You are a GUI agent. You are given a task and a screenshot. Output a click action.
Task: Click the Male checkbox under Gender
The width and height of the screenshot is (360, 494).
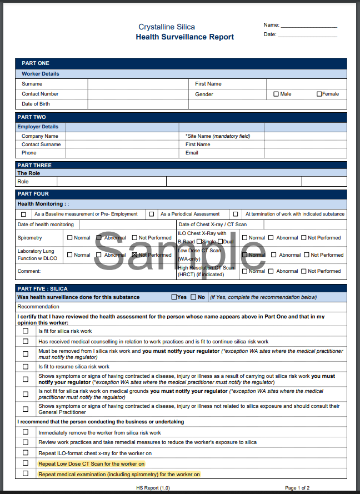pyautogui.click(x=276, y=94)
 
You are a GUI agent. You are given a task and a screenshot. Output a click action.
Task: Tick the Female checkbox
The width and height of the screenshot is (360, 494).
pyautogui.click(x=319, y=94)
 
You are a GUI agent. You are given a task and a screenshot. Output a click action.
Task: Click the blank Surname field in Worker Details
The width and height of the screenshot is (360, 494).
pyautogui.click(x=138, y=84)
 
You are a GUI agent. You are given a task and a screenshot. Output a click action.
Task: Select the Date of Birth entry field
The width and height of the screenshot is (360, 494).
pyautogui.click(x=138, y=104)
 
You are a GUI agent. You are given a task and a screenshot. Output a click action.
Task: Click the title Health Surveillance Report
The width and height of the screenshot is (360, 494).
pyautogui.click(x=184, y=37)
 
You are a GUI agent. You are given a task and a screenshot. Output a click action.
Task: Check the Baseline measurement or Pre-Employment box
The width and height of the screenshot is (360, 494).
pyautogui.click(x=23, y=214)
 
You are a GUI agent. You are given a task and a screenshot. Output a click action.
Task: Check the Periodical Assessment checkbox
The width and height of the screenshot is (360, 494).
pyautogui.click(x=151, y=214)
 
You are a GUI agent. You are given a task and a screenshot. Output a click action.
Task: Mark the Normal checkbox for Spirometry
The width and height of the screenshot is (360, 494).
pyautogui.click(x=70, y=238)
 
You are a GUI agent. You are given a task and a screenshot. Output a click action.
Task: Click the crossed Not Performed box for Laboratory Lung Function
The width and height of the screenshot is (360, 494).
pyautogui.click(x=134, y=255)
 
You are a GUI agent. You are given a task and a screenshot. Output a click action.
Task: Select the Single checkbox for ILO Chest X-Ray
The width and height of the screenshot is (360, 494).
pyautogui.click(x=199, y=242)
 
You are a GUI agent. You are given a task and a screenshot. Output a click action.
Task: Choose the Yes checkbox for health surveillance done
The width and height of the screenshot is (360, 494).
pyautogui.click(x=174, y=297)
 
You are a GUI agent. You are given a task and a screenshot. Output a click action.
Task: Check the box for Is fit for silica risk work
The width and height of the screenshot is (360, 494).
pyautogui.click(x=25, y=331)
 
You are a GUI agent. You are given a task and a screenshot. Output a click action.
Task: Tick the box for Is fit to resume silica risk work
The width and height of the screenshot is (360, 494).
pyautogui.click(x=25, y=367)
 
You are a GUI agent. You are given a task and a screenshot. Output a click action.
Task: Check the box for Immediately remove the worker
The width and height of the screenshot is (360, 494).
pyautogui.click(x=25, y=432)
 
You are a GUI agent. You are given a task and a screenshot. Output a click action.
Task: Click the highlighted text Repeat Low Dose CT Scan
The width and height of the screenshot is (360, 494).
pyautogui.click(x=91, y=463)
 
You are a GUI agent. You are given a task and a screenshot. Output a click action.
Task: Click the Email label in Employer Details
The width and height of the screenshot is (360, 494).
pyautogui.click(x=192, y=153)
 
